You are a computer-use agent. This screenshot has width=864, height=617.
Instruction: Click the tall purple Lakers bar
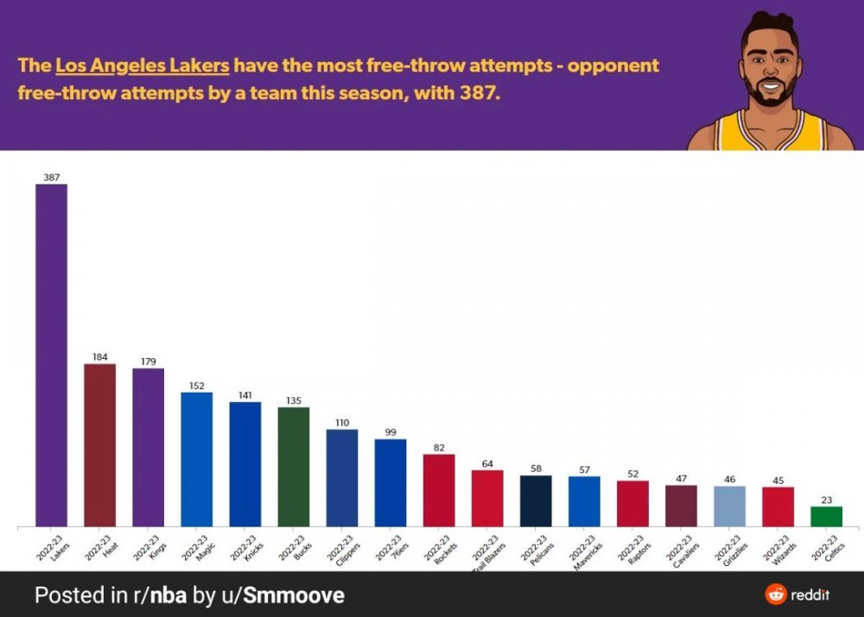pyautogui.click(x=51, y=354)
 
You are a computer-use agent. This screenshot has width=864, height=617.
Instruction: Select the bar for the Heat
pyautogui.click(x=99, y=444)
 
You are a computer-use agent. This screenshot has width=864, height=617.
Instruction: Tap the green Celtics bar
pyautogui.click(x=826, y=516)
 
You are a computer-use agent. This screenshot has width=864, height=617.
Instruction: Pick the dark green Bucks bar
pyautogui.click(x=294, y=466)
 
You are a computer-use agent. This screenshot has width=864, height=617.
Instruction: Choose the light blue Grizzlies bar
pyautogui.click(x=729, y=506)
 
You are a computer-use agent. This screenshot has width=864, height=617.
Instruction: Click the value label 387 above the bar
pyautogui.click(x=51, y=177)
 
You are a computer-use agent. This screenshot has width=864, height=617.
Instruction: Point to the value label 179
pyautogui.click(x=148, y=362)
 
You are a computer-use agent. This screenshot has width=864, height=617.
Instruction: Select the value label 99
pyautogui.click(x=391, y=431)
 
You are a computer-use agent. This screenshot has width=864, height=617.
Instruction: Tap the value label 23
pyautogui.click(x=826, y=499)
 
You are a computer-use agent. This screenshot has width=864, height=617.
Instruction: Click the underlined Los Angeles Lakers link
pyautogui.click(x=143, y=66)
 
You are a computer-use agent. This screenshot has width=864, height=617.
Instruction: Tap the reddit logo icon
pyautogui.click(x=776, y=594)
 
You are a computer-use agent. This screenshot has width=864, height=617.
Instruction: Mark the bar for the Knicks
pyautogui.click(x=245, y=463)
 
